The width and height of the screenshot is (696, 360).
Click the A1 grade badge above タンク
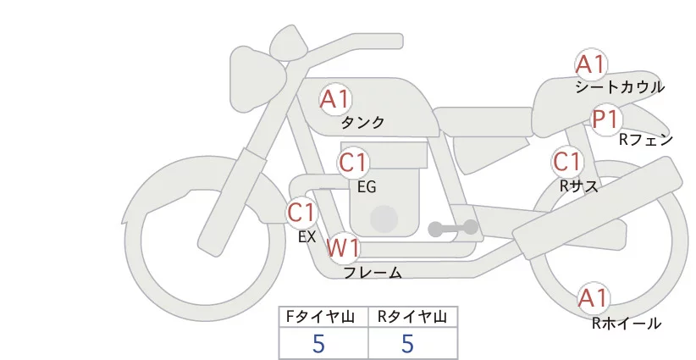(x=335, y=100)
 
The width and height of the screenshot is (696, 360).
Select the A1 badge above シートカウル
(x=591, y=64)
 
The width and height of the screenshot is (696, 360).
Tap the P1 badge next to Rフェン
(x=605, y=119)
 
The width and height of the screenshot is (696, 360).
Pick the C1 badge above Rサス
(x=566, y=162)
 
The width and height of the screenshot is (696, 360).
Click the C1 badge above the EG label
(x=353, y=162)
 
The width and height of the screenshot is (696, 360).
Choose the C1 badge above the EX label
(x=301, y=212)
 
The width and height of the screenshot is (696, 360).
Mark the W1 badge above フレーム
(x=344, y=248)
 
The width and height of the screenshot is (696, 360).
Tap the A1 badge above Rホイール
(x=593, y=298)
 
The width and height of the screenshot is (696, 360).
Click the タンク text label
(x=362, y=123)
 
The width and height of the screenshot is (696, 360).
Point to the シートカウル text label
(x=619, y=87)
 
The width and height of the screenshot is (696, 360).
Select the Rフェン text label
(x=645, y=140)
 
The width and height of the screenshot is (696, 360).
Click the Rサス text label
(x=578, y=185)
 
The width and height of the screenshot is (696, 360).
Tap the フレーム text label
(x=373, y=273)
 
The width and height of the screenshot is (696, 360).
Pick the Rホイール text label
(x=626, y=323)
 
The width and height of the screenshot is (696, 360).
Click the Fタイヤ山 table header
(x=323, y=317)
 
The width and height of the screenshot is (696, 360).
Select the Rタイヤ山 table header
(x=412, y=317)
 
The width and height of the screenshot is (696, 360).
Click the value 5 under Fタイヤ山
(x=318, y=344)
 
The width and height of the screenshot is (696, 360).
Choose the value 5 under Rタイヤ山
(x=407, y=344)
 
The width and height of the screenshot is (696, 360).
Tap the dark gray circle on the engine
(x=385, y=219)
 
